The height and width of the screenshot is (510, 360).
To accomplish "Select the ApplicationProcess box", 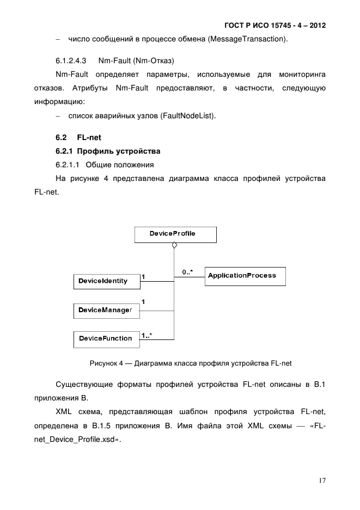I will pos(245,276).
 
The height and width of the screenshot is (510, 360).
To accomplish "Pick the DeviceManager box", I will pos(106,310).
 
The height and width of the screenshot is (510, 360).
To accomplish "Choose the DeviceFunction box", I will pos(106,339).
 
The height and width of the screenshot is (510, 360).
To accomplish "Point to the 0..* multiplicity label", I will pos(188,271).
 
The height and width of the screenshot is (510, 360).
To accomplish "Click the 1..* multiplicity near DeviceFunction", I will pos(146,336).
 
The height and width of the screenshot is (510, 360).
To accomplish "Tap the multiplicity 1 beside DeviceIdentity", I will pos(143,277).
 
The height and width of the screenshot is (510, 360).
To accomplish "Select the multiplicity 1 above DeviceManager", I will pos(143,301).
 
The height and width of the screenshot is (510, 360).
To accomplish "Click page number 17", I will pos(322,481).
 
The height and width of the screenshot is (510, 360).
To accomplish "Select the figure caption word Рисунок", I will pos(102,362).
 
